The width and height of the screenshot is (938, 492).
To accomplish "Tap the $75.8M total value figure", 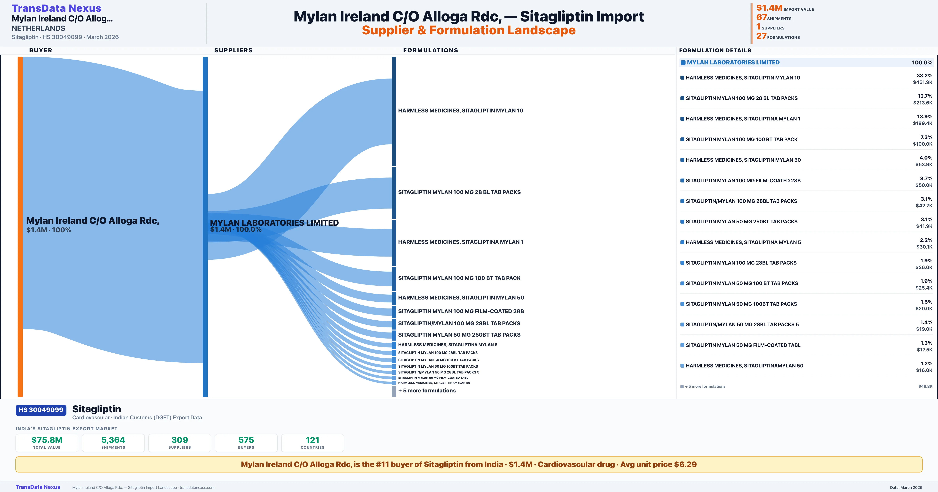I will pyautogui.click(x=47, y=440).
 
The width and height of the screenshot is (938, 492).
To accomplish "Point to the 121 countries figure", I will pyautogui.click(x=312, y=440).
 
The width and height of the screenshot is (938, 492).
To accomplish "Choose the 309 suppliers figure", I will pyautogui.click(x=180, y=440).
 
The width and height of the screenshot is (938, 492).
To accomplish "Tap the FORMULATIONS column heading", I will pyautogui.click(x=430, y=50).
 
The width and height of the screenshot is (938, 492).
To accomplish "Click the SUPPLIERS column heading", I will pyautogui.click(x=233, y=50).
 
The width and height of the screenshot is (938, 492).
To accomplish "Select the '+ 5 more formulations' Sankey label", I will pyautogui.click(x=427, y=390).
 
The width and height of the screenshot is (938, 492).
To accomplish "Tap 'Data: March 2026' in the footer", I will pyautogui.click(x=906, y=487).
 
